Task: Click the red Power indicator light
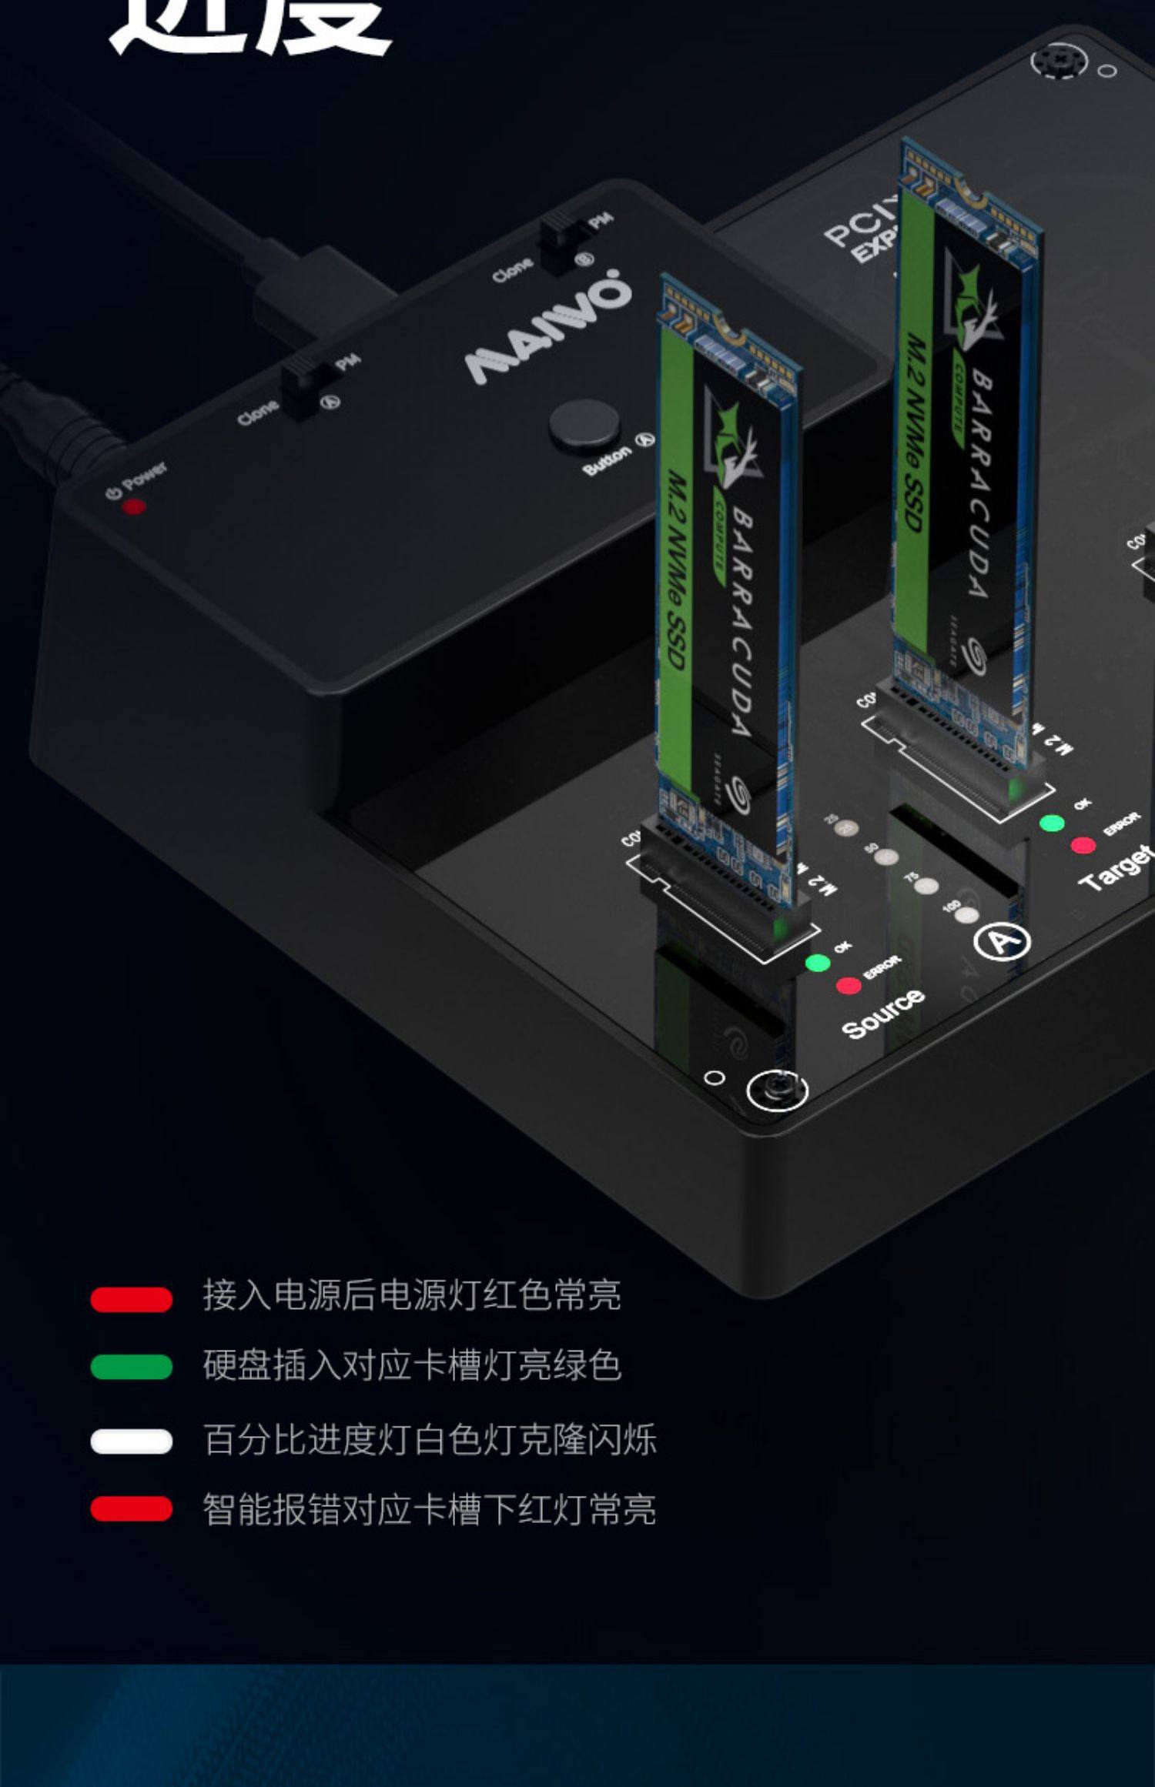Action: click(134, 506)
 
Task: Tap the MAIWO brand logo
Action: click(548, 326)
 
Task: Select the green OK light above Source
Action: click(817, 962)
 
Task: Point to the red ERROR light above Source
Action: click(849, 986)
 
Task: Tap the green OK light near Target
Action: click(1052, 823)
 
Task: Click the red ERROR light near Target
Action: click(1083, 846)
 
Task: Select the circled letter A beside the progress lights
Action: click(1001, 940)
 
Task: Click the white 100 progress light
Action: click(966, 915)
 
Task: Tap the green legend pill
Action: click(131, 1367)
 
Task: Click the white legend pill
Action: click(131, 1441)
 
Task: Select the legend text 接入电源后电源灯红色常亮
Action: click(412, 1295)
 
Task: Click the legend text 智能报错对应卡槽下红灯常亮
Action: click(429, 1509)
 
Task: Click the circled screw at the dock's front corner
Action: click(776, 1090)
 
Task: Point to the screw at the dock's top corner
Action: click(1060, 59)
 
